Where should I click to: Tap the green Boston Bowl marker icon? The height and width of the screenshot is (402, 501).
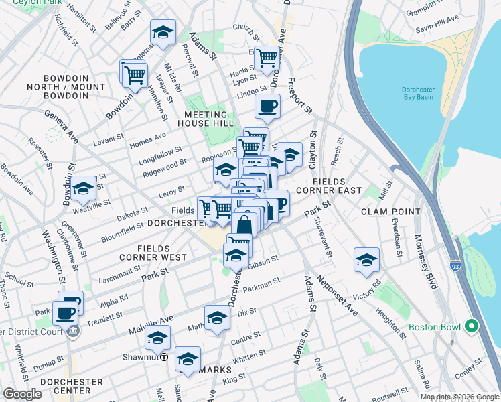472,327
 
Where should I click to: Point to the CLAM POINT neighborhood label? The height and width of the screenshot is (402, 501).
389,211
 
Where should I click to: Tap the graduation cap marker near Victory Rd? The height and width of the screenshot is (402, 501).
366,260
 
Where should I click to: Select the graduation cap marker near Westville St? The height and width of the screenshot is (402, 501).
84,188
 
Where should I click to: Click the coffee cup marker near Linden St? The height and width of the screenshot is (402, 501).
268,105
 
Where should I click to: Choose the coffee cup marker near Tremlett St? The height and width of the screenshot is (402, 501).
65,312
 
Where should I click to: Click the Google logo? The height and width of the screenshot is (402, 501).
22,393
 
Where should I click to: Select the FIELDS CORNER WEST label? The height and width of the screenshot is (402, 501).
153,253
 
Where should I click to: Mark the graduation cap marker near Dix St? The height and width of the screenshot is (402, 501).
217,318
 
